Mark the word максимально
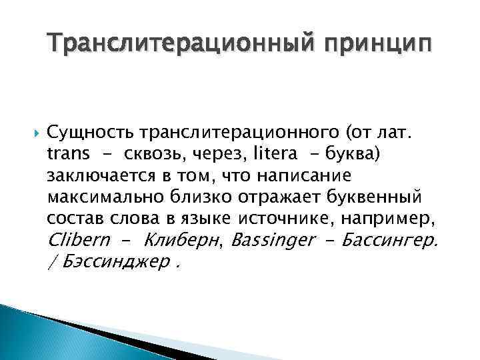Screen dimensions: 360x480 (99, 198)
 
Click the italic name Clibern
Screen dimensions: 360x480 (78, 240)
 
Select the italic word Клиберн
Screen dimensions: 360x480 (183, 240)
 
